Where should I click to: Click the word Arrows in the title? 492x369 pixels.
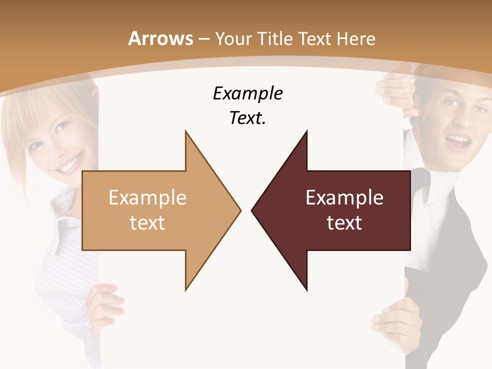tap(161, 38)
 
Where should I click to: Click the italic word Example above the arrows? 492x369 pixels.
tap(248, 93)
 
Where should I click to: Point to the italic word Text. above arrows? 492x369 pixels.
tap(248, 118)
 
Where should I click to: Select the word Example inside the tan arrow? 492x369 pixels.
tap(148, 197)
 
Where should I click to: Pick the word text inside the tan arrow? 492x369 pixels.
tap(148, 222)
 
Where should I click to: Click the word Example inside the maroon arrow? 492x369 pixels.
tap(344, 197)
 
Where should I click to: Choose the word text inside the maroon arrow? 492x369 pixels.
tap(344, 222)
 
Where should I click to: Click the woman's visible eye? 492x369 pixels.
tap(61, 126)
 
